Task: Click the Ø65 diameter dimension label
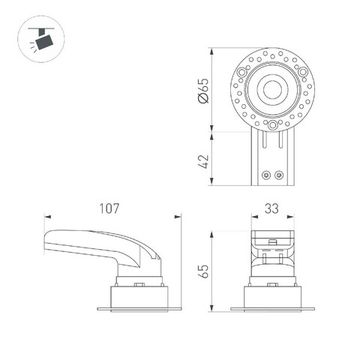coord(203,90)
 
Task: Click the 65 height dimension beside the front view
coord(202,269)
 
